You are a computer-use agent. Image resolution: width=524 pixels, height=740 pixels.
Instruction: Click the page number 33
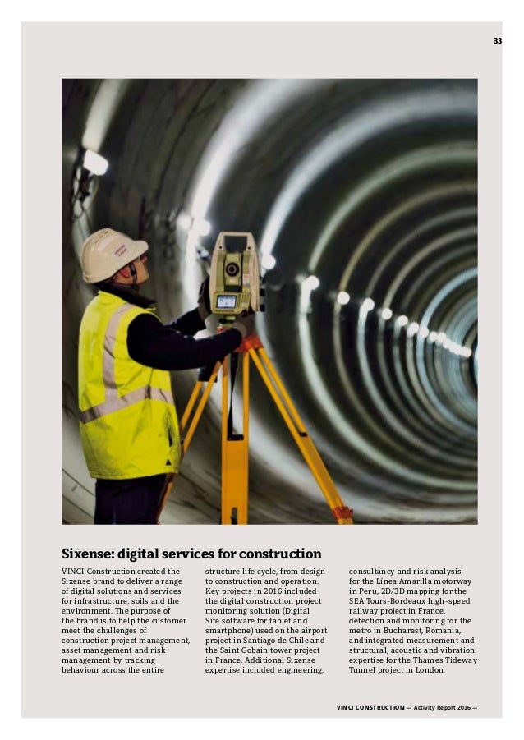498,40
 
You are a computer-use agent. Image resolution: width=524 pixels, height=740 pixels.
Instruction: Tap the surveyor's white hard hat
113,255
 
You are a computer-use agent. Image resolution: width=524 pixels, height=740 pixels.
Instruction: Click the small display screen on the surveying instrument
226,301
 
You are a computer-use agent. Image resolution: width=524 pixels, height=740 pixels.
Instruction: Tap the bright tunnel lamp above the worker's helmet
95,162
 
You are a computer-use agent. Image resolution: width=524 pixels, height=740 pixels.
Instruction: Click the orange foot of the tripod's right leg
343,514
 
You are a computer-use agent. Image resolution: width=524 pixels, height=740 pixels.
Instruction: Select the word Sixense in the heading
90,554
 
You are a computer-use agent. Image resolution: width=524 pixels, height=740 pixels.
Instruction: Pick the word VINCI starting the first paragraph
76,571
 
